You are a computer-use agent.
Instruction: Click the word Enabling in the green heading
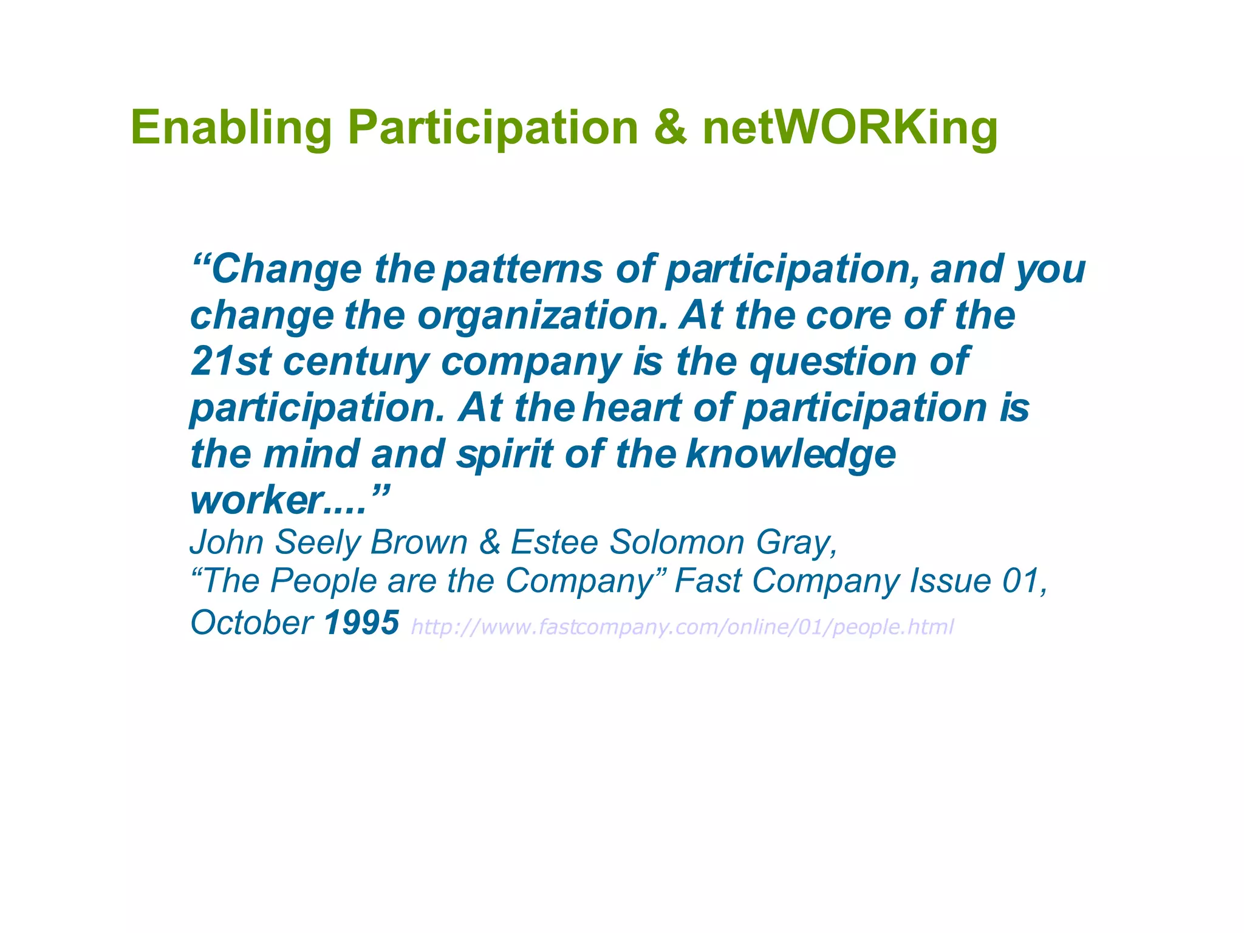tap(231, 128)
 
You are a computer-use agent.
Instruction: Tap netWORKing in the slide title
tap(850, 128)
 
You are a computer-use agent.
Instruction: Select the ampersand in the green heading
tap(671, 128)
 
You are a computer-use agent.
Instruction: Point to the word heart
tap(632, 408)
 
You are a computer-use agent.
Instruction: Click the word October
tap(251, 623)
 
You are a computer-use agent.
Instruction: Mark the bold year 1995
tap(361, 623)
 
